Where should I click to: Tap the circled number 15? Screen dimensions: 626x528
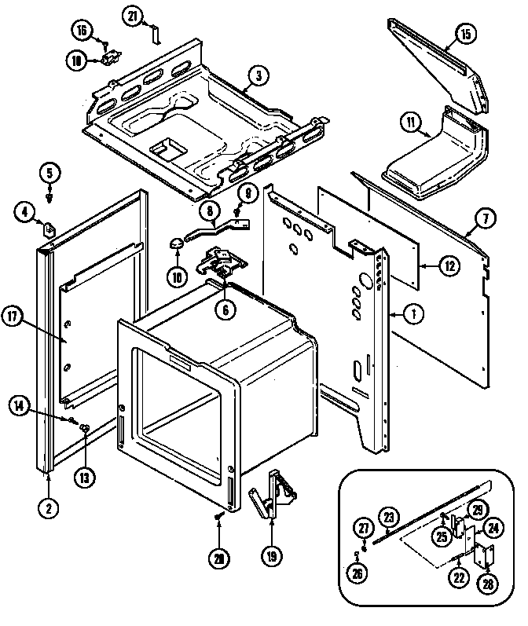click(464, 34)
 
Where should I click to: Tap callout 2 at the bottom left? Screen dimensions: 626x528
click(49, 507)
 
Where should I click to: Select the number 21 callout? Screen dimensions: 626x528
click(133, 16)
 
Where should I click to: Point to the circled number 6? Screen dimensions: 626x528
click(225, 309)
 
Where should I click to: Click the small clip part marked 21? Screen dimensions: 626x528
click(156, 34)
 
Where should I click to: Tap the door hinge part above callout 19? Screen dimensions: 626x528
click(271, 493)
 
